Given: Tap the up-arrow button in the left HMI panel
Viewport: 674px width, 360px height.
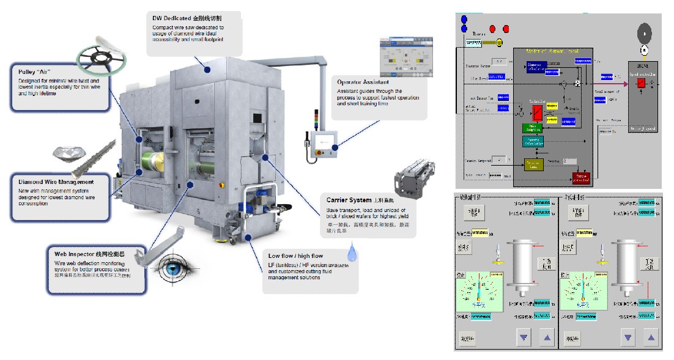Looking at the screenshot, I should (x=546, y=336).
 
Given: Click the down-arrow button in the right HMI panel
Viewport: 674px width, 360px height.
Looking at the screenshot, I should (x=628, y=336).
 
